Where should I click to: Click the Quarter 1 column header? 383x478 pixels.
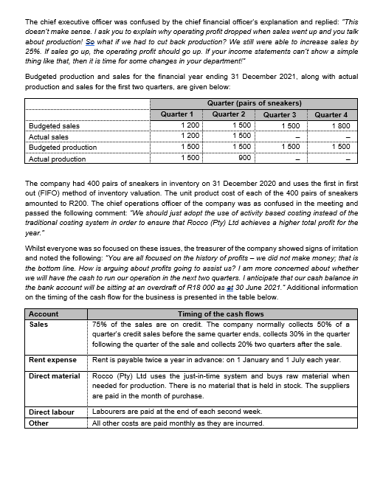coord(176,114)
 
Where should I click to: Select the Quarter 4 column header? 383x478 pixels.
coord(331,114)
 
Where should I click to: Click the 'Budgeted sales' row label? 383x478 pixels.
coord(54,126)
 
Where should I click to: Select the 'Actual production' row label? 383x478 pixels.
coord(57,159)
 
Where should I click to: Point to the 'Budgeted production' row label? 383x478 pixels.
coord(62,148)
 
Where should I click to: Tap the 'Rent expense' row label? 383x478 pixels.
coord(52,359)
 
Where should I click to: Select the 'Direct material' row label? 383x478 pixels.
coord(54,376)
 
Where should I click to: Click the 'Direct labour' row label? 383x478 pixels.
coord(52,411)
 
